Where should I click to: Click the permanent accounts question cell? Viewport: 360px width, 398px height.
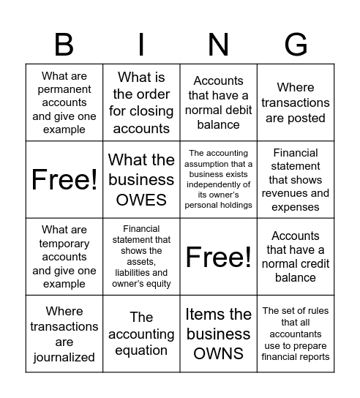[x=64, y=102]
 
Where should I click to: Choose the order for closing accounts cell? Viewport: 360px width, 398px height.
[x=141, y=102]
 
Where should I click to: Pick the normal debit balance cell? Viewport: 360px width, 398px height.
[x=218, y=102]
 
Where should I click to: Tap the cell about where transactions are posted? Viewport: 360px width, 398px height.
[x=295, y=102]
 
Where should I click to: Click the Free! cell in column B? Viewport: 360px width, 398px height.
[x=64, y=180]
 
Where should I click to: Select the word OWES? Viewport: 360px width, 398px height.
[x=141, y=199]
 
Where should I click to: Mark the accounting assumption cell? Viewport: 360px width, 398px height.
[x=218, y=180]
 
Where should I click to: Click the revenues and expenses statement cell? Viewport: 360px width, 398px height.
[x=295, y=180]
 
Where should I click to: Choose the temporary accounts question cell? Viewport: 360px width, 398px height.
[x=64, y=257]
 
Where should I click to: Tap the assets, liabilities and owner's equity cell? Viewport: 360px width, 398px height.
[x=141, y=257]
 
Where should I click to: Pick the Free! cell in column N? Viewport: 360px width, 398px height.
[x=218, y=257]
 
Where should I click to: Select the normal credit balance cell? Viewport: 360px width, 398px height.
[x=295, y=257]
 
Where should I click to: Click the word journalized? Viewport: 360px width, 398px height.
[x=64, y=357]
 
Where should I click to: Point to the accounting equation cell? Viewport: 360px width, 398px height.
[x=141, y=334]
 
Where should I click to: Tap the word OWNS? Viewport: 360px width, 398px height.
[x=218, y=353]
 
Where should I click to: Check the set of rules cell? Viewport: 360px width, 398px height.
[x=295, y=334]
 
